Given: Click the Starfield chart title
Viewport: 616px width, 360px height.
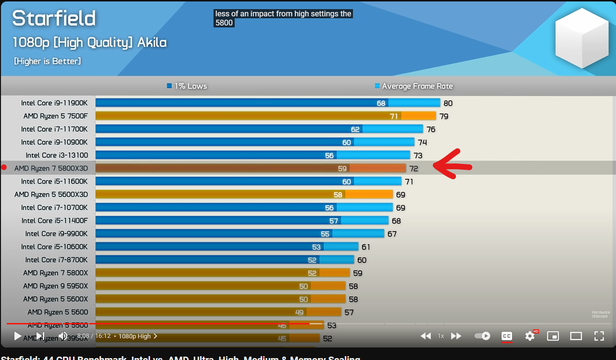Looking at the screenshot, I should click(x=54, y=18).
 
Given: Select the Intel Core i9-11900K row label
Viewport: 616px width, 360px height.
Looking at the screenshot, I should click(x=54, y=103).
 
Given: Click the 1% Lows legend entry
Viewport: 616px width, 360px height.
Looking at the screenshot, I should click(x=187, y=86).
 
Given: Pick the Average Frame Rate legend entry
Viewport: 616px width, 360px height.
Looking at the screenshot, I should click(x=414, y=86).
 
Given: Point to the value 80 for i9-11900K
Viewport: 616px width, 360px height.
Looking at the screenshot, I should click(x=448, y=103).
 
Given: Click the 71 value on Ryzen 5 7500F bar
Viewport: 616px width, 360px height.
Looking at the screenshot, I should click(x=394, y=116).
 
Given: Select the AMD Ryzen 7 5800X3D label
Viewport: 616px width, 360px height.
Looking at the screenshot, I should click(x=51, y=168).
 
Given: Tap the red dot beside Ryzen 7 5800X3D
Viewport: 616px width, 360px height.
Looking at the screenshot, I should click(x=4, y=167).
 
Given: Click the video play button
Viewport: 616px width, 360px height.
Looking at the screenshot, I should click(x=17, y=336).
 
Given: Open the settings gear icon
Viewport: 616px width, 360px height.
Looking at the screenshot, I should click(x=530, y=336).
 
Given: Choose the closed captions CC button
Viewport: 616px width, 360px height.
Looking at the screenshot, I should click(x=506, y=336).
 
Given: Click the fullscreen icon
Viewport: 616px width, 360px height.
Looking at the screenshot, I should click(x=599, y=336).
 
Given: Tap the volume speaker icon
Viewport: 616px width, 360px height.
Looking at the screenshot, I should click(x=63, y=336).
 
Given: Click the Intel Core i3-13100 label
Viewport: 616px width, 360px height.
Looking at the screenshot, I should click(x=57, y=155).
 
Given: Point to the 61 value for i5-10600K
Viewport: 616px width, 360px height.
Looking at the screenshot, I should click(x=366, y=247).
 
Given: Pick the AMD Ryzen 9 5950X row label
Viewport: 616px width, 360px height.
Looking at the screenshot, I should click(x=55, y=286).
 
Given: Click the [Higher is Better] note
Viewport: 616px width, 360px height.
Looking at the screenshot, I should click(x=47, y=61).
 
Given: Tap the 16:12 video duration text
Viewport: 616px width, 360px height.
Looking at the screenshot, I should click(x=102, y=336).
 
